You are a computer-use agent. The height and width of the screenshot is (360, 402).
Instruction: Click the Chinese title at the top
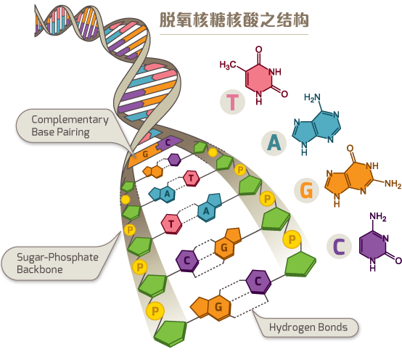[234, 20]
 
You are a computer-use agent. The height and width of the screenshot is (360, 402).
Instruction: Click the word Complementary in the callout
[70, 120]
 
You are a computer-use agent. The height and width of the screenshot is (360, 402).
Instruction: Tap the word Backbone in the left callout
[40, 269]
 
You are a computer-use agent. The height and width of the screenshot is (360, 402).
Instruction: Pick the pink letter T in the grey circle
[232, 102]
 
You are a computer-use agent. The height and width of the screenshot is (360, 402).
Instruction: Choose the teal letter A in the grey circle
[274, 142]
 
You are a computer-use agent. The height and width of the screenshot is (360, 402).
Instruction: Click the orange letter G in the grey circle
[307, 190]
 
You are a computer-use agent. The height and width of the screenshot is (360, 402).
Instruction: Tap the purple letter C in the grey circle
[339, 246]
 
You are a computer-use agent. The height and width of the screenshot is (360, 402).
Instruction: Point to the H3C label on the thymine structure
[228, 65]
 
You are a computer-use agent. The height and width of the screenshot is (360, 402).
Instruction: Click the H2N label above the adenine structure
[312, 97]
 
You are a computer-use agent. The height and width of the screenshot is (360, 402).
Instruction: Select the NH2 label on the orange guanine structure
[393, 184]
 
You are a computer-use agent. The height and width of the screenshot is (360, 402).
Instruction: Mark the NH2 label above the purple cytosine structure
[378, 217]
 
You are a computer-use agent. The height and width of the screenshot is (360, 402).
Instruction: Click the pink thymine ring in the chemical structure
[258, 78]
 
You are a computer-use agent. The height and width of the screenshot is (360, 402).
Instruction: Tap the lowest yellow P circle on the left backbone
[155, 311]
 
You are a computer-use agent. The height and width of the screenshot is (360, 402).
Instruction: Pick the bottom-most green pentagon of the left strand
[171, 333]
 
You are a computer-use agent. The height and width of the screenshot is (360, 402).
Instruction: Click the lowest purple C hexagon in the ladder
[258, 282]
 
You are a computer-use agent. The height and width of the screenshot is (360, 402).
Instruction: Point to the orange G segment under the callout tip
[144, 155]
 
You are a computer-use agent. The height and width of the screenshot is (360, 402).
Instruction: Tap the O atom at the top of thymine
[258, 49]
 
